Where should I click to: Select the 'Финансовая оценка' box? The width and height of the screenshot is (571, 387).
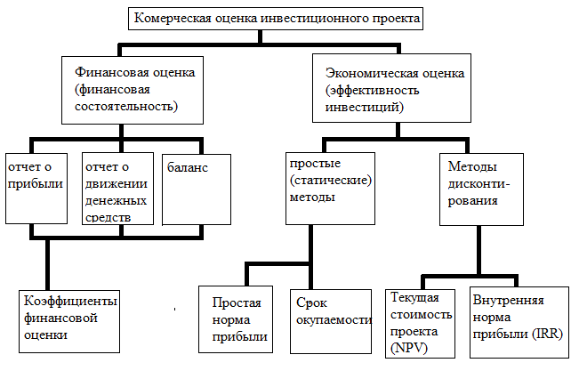[133, 90]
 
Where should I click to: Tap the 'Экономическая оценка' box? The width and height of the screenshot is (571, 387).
[391, 88]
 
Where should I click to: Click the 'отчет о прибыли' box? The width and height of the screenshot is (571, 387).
[36, 189]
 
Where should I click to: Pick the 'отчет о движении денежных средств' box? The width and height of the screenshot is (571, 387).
[117, 189]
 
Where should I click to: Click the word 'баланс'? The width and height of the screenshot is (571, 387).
[187, 167]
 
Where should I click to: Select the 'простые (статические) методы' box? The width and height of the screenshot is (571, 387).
[330, 189]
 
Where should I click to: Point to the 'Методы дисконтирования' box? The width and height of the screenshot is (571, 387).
[481, 189]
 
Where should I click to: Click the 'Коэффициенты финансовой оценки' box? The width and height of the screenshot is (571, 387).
[69, 321]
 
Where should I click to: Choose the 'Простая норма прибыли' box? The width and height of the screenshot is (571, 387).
[236, 319]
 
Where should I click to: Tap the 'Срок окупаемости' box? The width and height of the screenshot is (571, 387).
[331, 321]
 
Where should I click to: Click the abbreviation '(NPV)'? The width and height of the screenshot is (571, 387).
[408, 349]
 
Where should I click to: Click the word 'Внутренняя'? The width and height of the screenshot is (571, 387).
[508, 300]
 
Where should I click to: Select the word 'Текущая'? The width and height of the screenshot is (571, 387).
[414, 298]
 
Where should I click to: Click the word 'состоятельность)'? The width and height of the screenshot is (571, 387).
[126, 107]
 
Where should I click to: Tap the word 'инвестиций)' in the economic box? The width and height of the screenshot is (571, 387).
[364, 107]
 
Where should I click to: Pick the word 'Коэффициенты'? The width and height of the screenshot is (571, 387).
[70, 301]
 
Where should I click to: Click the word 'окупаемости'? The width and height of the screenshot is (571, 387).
[334, 320]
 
